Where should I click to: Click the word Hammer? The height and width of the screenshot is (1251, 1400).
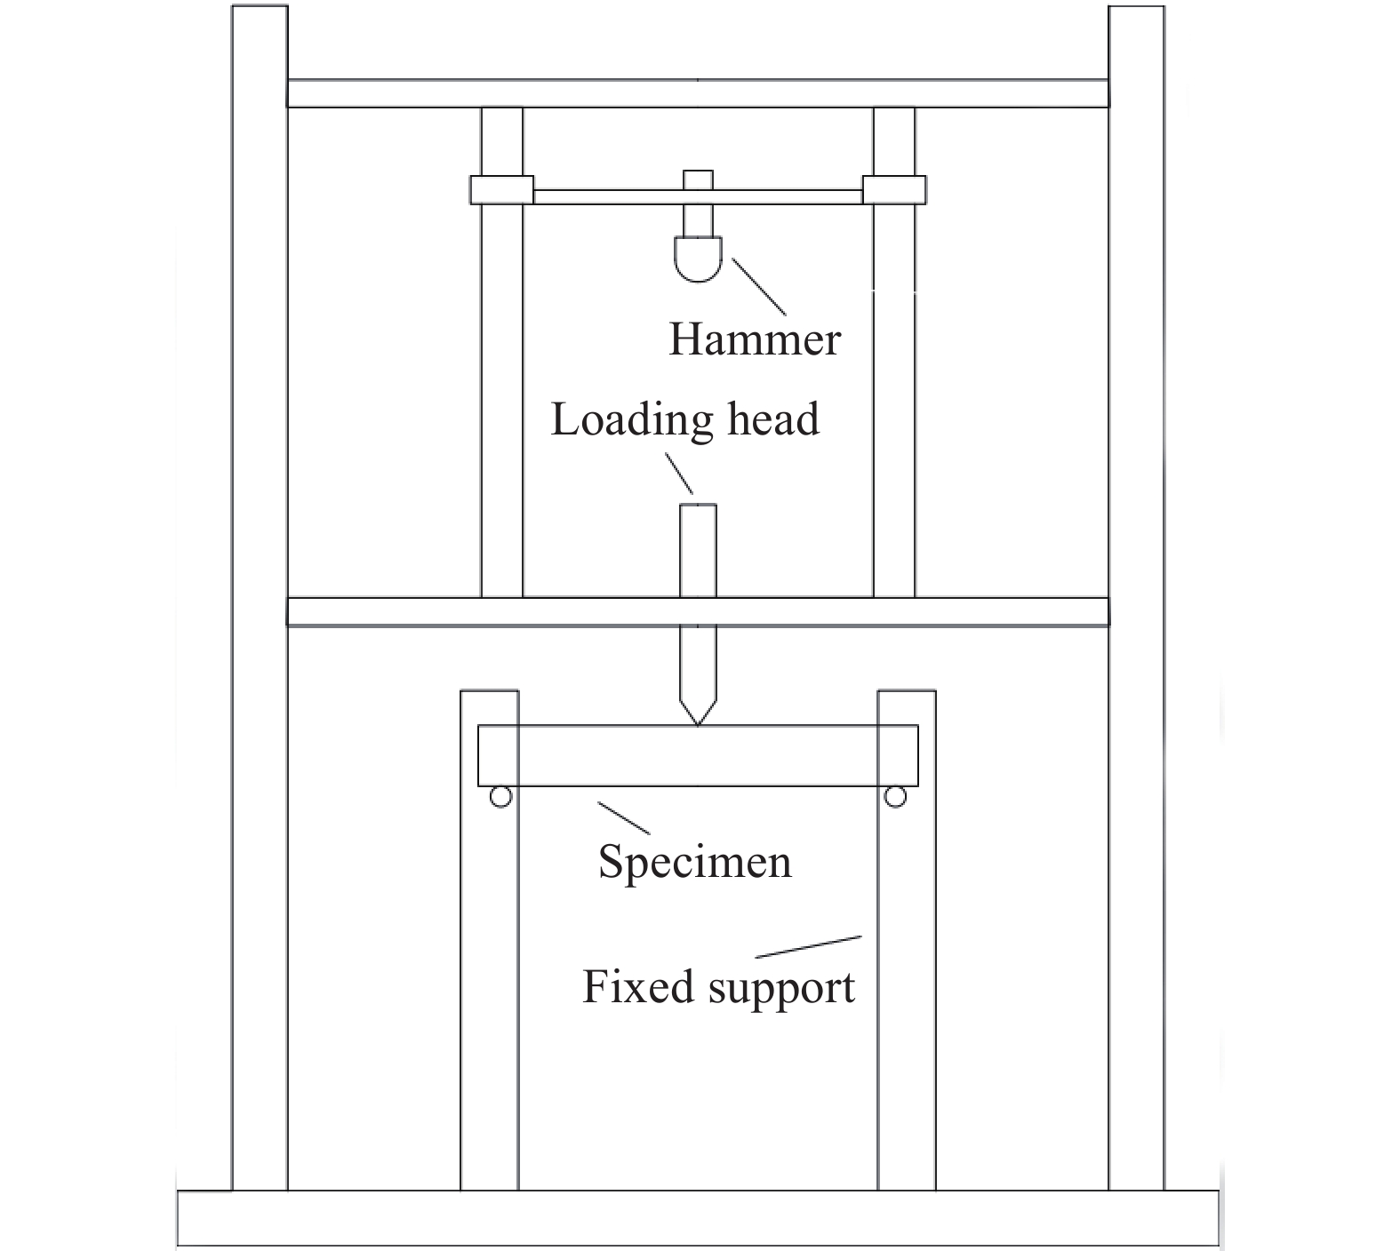754,340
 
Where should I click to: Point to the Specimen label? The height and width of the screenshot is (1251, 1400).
694,862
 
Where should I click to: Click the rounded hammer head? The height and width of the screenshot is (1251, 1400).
698,259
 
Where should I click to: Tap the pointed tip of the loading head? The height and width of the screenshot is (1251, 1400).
698,725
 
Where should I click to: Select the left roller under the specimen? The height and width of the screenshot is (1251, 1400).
501,797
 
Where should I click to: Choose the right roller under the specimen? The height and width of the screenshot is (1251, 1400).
896,797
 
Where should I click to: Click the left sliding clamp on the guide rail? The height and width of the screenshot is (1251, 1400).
502,190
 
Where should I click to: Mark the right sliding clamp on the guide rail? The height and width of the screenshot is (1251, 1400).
894,190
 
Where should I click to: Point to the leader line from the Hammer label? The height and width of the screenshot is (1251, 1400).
758,286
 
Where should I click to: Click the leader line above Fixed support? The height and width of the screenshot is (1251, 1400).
809,946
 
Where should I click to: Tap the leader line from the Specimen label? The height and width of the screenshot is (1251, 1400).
623,817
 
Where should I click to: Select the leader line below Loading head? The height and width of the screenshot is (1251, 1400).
679,474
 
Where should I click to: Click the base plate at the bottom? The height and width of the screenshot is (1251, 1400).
698,1218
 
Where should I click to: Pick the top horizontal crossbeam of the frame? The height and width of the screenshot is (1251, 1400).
698,93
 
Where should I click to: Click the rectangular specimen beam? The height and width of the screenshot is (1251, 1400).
698,755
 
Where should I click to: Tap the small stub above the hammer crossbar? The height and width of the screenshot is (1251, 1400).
698,179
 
